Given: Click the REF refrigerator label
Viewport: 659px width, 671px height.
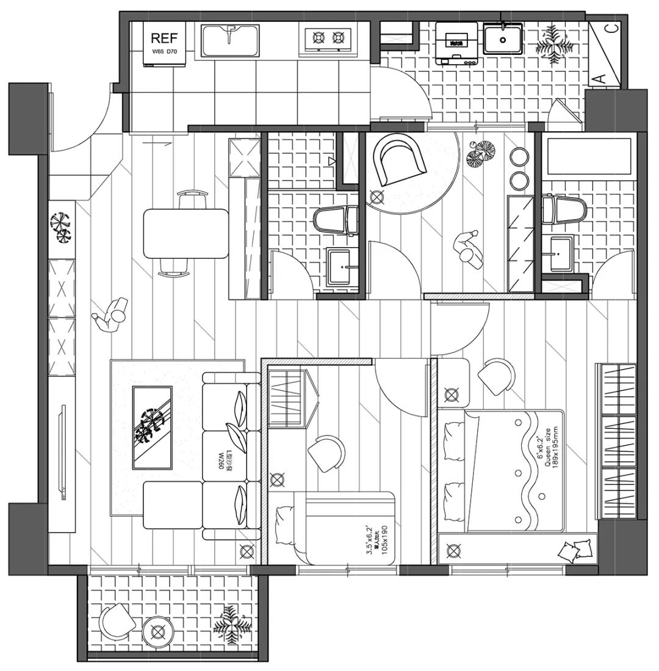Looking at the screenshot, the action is (x=164, y=38).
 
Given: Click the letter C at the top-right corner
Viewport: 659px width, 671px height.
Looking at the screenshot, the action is (x=612, y=27).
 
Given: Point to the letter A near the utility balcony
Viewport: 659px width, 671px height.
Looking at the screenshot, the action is (x=599, y=77).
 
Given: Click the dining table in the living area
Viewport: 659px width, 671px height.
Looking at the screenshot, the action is (x=185, y=234).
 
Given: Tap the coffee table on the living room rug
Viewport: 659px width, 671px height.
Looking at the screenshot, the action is (x=153, y=427).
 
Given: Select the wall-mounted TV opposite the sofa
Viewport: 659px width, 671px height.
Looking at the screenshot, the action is (x=62, y=451).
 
